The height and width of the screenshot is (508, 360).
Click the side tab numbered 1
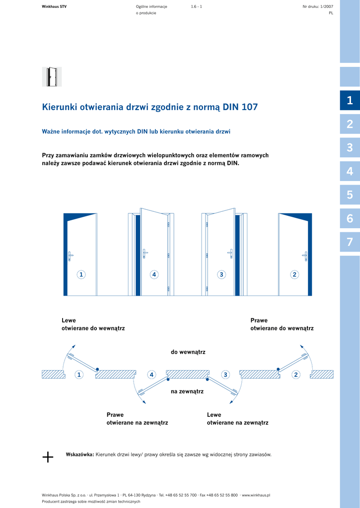click(350, 100)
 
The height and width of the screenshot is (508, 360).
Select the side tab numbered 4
click(350, 172)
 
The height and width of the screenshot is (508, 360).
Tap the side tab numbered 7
click(350, 242)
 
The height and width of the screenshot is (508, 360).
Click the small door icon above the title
click(52, 77)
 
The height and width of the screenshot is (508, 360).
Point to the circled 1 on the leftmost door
click(81, 274)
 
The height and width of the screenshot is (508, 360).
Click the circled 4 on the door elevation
click(154, 274)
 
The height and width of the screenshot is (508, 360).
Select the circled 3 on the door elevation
click(221, 274)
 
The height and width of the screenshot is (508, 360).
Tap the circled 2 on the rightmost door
click(294, 274)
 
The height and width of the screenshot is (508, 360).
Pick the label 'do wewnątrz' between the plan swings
click(188, 352)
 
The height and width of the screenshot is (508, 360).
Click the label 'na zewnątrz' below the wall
click(187, 391)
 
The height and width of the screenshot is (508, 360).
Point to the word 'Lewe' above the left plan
click(69, 320)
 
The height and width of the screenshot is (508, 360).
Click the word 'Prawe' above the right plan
click(259, 320)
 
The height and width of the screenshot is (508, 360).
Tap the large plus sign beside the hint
click(48, 457)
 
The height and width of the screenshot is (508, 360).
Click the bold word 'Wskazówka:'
click(79, 454)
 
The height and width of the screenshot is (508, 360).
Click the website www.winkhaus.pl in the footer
click(256, 495)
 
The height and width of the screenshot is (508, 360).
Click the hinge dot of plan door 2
click(278, 369)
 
